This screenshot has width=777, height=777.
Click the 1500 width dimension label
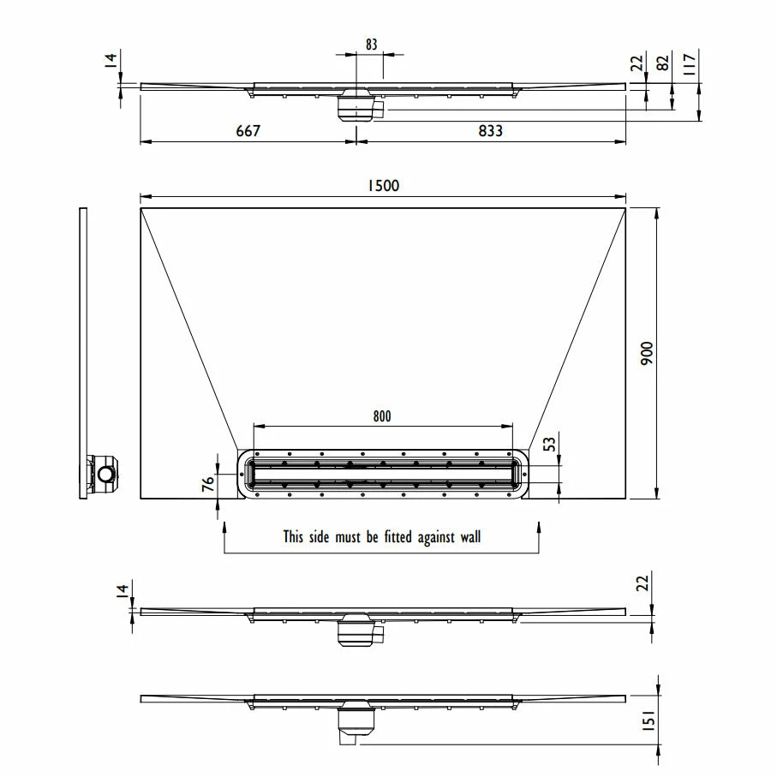pyautogui.click(x=383, y=185)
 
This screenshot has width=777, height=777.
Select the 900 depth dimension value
pyautogui.click(x=647, y=353)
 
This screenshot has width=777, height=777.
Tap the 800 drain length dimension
pyautogui.click(x=382, y=416)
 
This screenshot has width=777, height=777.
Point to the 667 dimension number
pyautogui.click(x=248, y=131)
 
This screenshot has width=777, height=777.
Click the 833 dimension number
pyautogui.click(x=490, y=131)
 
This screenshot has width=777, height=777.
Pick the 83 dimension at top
pyautogui.click(x=372, y=45)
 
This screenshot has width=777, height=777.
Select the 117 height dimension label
pyautogui.click(x=690, y=64)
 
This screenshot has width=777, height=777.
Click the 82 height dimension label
pyautogui.click(x=662, y=63)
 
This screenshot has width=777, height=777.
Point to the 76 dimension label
pyautogui.click(x=208, y=482)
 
